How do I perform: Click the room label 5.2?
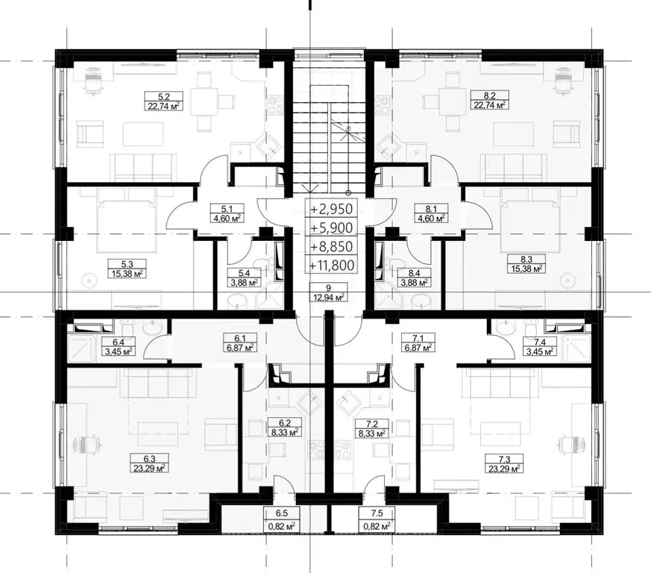[164, 97]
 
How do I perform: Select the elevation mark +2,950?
[330, 209]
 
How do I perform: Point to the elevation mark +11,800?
[330, 265]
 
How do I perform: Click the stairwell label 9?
[328, 287]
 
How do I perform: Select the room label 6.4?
[119, 342]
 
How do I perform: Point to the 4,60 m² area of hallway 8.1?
[432, 218]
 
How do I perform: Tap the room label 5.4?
[244, 273]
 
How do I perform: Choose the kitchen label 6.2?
[284, 423]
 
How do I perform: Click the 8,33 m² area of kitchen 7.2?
[372, 433]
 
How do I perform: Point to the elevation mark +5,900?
[330, 228]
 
